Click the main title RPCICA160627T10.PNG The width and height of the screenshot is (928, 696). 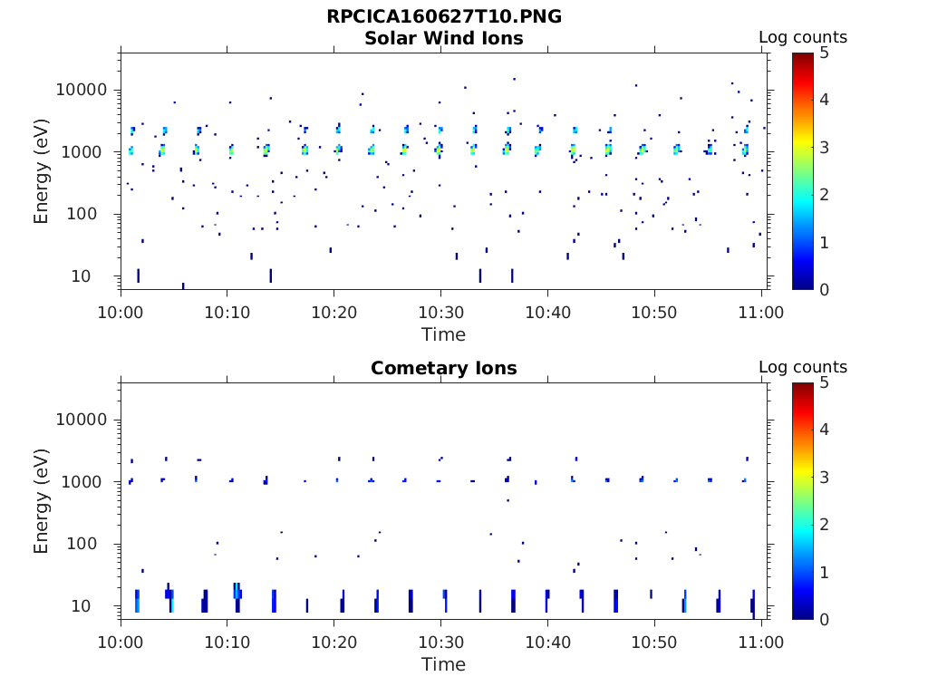pos(444,17)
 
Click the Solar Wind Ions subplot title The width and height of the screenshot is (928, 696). pos(444,38)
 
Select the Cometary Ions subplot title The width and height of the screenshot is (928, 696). pos(444,368)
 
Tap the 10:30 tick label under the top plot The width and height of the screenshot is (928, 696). pos(440,313)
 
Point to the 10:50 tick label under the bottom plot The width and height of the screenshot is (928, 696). pos(654,643)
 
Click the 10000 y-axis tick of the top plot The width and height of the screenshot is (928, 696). pos(82,90)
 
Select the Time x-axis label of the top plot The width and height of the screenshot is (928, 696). pos(444,334)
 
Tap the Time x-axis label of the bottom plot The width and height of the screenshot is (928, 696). pos(444,664)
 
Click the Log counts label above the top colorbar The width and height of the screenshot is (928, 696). pos(803,37)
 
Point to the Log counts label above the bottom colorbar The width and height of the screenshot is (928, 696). pos(803,367)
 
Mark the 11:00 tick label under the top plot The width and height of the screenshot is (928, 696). pos(761,313)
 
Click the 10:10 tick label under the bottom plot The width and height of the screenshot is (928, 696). pos(227,643)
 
